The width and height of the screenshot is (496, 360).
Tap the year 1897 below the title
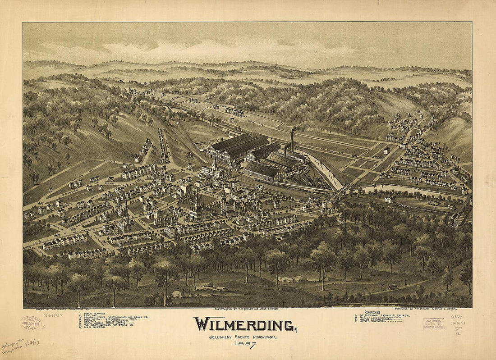click(245, 345)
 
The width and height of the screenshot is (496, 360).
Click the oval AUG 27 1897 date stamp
click(31, 323)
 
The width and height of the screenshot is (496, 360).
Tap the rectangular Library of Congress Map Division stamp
click(433, 324)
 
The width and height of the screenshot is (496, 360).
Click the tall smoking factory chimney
click(292, 140)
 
